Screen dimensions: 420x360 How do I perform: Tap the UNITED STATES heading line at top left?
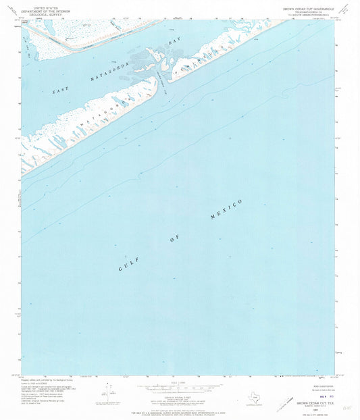(x=45, y=5)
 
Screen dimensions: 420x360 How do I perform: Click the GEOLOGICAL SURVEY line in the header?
(x=45, y=13)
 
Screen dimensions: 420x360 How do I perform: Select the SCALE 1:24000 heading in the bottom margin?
(x=180, y=383)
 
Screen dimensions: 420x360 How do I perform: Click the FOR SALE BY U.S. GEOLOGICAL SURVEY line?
(x=180, y=404)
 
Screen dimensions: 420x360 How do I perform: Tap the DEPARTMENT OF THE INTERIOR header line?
(x=45, y=9)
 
